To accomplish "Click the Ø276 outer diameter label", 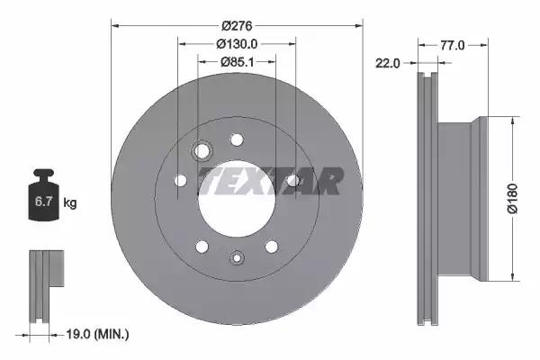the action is point(237,26).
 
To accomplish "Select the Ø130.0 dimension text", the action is point(237,44).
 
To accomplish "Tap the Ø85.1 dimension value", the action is point(238,62).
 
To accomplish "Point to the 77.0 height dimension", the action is point(453,45).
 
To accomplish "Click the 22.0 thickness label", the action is point(387,63).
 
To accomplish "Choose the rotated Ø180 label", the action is point(513,199).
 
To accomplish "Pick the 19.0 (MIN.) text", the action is point(97,334).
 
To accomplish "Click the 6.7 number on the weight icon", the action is point(43,202).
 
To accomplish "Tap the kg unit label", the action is point(70,202).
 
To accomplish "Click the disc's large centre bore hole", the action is point(237,198).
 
